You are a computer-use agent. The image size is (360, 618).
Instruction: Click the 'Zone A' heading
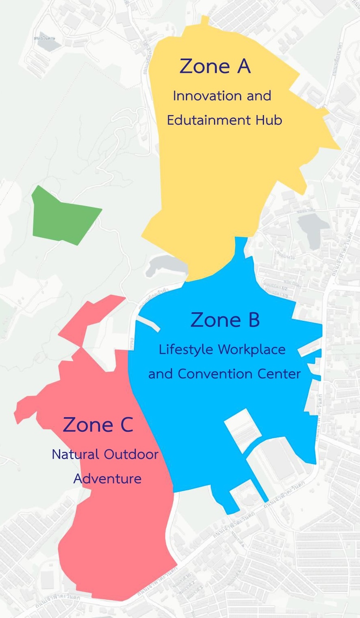pyautogui.click(x=215, y=66)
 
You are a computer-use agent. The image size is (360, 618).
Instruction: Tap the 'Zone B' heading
pyautogui.click(x=225, y=320)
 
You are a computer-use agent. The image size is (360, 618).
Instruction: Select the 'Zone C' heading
pyautogui.click(x=98, y=424)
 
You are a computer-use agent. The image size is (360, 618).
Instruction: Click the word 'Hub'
pyautogui.click(x=269, y=120)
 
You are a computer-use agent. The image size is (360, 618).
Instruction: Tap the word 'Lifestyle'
pyautogui.click(x=186, y=350)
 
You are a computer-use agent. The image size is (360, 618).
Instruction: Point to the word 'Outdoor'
pyautogui.click(x=131, y=454)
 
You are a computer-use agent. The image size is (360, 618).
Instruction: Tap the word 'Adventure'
pyautogui.click(x=107, y=479)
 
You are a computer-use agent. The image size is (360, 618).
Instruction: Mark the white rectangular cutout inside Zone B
pyautogui.click(x=243, y=430)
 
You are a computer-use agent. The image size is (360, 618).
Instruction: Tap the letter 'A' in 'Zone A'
pyautogui.click(x=243, y=66)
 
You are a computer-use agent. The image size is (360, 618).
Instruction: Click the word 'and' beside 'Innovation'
pyautogui.click(x=259, y=96)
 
